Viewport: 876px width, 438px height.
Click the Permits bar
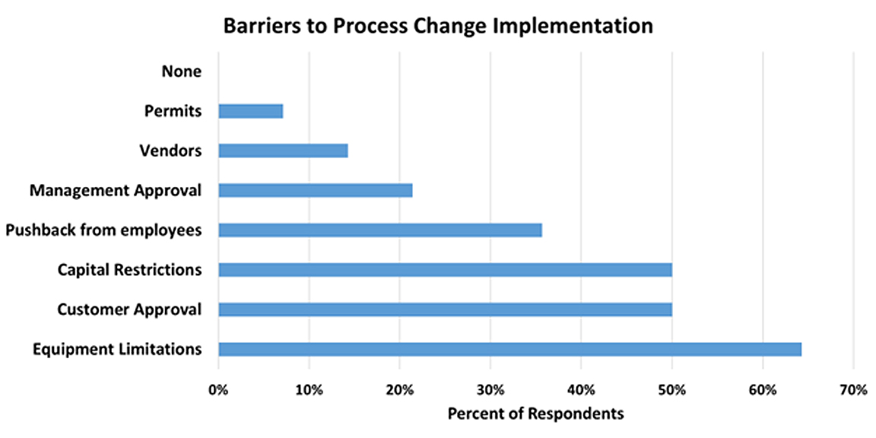(251, 111)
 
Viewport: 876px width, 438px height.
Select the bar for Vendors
(283, 151)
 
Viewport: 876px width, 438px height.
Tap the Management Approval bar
(316, 191)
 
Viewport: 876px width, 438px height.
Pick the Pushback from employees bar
(380, 230)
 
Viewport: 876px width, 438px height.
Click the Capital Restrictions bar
(446, 270)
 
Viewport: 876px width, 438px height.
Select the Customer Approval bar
(446, 309)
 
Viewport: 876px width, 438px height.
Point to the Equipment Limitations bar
(510, 349)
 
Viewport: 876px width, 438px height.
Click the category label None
(182, 71)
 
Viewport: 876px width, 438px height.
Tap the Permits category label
(173, 111)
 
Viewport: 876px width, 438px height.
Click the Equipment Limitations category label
(117, 350)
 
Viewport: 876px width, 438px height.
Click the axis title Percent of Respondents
(536, 414)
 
